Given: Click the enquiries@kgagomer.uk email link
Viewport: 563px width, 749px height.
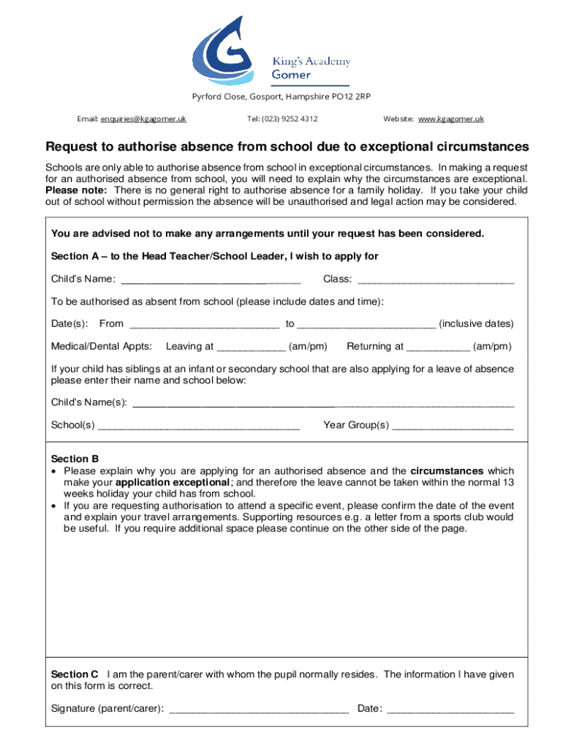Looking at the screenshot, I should pos(143,118).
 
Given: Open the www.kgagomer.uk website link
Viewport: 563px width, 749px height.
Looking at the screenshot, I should pos(451,118).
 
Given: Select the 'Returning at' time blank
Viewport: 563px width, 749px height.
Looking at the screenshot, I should pos(438,347).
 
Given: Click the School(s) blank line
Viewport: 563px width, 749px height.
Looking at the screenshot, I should pos(199,426).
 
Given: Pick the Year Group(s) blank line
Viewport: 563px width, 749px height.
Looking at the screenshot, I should pos(453,426).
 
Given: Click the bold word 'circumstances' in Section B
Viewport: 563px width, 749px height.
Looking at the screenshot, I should pos(447,471).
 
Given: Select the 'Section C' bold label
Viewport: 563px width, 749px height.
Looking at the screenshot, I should pos(75,674).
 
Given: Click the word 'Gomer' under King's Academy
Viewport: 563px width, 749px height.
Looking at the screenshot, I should pos(291,75).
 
